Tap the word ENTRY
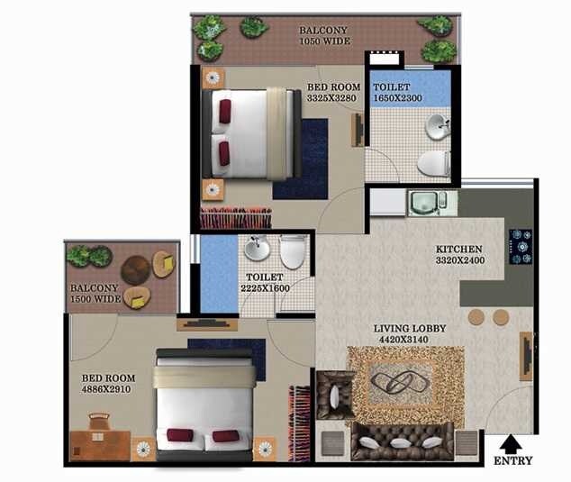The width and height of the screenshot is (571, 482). [x=512, y=460]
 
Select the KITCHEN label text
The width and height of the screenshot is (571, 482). [x=459, y=249]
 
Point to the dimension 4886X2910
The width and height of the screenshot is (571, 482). [x=108, y=391]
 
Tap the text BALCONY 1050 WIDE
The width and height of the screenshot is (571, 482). [x=323, y=35]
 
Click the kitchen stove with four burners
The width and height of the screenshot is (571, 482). [x=521, y=246]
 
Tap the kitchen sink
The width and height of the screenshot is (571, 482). [x=422, y=203]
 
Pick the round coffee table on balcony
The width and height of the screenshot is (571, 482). [x=136, y=269]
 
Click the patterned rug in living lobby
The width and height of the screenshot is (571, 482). [x=404, y=385]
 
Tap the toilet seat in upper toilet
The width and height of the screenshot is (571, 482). [x=434, y=164]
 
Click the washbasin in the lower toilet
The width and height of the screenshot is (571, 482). [x=258, y=248]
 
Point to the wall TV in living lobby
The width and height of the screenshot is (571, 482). [x=526, y=355]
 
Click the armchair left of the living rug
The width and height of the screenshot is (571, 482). [x=335, y=394]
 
